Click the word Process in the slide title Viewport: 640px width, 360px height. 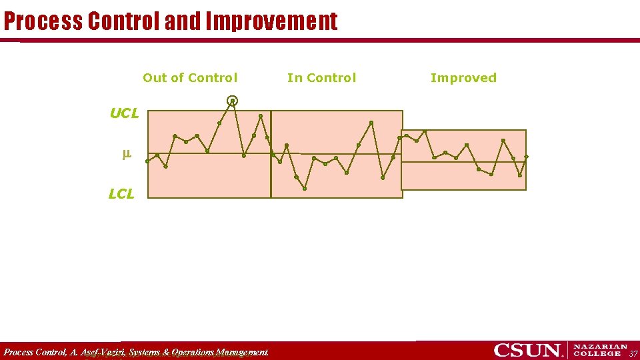coord(43,21)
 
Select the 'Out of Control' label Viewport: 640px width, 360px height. coord(190,78)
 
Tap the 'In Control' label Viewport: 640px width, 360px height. coord(321,78)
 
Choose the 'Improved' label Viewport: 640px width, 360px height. coord(463,78)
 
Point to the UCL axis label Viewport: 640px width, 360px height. coord(124,113)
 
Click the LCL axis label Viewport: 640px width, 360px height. coord(121,194)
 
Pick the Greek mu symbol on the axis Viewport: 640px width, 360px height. coord(126,154)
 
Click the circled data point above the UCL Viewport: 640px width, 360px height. coord(232,101)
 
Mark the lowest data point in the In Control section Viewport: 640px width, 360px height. coord(305,189)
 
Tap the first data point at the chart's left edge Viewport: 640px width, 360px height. coord(147,161)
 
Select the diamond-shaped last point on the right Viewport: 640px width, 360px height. coord(526,157)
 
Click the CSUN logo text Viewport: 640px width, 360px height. coord(526,350)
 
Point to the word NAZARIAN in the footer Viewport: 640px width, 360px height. coord(600,347)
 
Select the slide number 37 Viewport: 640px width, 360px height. coord(633,353)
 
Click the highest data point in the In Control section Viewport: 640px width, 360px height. coord(371,123)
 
